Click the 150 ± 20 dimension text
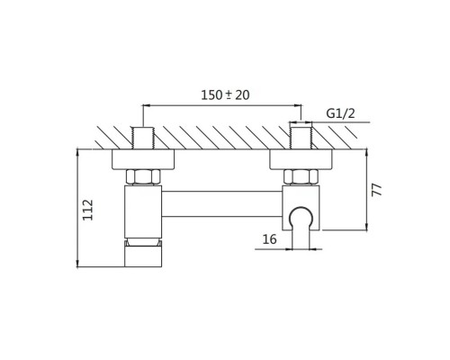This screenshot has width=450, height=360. coord(225,95)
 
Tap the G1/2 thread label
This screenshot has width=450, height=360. coord(340,113)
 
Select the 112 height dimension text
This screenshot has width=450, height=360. coord(88,210)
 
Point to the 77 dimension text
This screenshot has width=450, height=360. coord(377,190)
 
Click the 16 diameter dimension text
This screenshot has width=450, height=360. coord(269,239)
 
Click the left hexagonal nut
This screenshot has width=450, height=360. coord(143,177)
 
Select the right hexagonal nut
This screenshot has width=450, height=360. coord(301,177)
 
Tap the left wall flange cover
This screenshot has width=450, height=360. coord(143,159)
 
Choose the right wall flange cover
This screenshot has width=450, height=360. coord(301,159)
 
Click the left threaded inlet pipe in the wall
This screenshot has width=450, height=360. coord(143,138)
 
